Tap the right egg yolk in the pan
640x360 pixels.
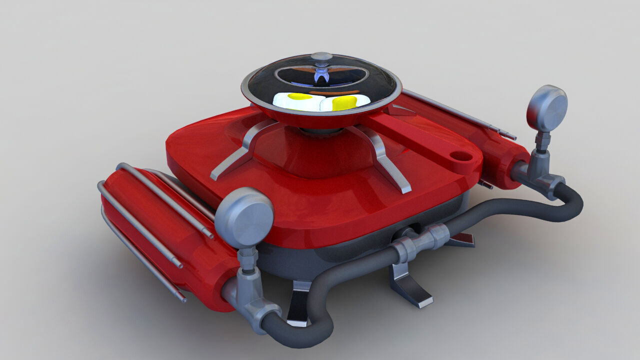pos(344,102)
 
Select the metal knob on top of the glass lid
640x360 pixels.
pos(322,56)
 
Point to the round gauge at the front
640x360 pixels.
pos(244,217)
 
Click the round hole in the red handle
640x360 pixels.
pos(462,156)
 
